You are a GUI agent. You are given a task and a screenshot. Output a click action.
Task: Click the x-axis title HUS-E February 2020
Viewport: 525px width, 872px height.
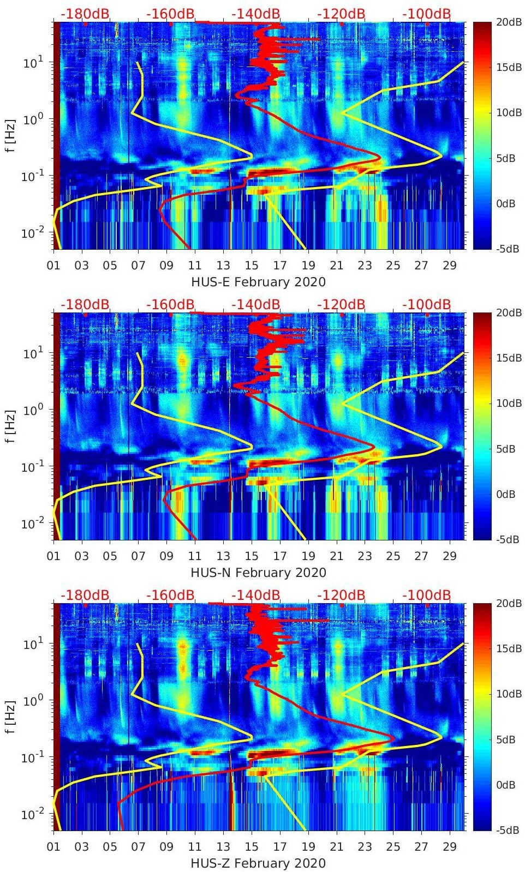coord(258,282)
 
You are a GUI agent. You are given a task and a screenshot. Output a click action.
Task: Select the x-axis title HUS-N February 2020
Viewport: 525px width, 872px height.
coord(258,573)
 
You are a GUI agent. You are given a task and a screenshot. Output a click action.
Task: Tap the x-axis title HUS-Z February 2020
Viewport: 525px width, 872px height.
coord(258,863)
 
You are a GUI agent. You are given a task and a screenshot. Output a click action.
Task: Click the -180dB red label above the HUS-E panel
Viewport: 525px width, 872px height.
coord(85,14)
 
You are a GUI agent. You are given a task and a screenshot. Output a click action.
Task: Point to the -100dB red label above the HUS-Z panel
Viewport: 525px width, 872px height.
coord(426,595)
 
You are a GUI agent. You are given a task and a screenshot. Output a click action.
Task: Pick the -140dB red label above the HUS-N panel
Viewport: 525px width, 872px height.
coord(255,304)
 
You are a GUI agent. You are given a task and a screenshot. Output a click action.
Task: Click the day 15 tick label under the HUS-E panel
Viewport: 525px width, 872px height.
coord(252,266)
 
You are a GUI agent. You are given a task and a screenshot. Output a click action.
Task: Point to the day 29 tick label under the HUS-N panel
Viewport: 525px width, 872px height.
coord(450,556)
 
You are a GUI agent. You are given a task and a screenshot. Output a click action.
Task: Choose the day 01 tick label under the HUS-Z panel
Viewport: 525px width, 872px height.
coord(53,847)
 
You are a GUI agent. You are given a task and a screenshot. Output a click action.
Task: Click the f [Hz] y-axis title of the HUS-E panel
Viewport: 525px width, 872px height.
coord(9,135)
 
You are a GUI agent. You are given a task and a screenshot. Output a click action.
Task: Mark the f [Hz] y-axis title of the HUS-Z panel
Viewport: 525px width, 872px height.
coord(9,717)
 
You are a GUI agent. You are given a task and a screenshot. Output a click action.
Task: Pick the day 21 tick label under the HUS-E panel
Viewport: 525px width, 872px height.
coord(336,266)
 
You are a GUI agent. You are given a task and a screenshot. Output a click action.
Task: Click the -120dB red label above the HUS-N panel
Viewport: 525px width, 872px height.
coord(341,304)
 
